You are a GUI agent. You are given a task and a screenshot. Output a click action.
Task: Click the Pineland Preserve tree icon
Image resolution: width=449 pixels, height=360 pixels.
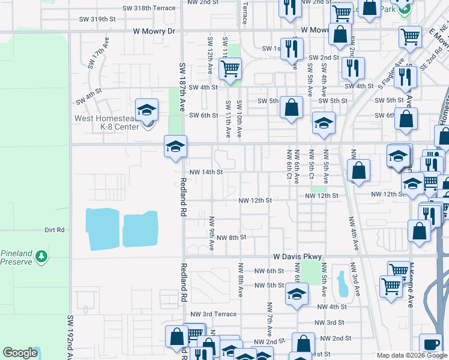click(41, 257)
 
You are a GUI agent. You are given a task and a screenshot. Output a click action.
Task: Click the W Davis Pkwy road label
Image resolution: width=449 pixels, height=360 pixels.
click(298, 256)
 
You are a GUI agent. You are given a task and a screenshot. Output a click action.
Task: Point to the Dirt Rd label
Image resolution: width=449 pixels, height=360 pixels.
click(54, 230)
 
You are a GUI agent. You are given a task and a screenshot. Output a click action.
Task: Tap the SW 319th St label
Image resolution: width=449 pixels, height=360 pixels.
click(97, 19)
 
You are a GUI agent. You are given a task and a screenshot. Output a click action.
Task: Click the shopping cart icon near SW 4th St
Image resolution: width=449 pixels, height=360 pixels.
click(230, 70)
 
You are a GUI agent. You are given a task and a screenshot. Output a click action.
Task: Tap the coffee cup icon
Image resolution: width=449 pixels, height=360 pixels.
click(430, 344)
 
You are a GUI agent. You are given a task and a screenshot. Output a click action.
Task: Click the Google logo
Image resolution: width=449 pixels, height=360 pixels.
click(20, 353)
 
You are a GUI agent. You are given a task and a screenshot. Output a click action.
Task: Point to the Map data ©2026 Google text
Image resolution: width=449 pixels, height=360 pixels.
click(411, 355)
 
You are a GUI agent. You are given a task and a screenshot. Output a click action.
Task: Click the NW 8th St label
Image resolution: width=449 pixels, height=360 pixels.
click(231, 238)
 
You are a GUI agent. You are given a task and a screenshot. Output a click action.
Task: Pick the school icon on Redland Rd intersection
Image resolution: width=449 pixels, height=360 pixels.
click(176, 146)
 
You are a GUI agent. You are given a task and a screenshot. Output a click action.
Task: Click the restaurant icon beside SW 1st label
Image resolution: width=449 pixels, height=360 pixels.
click(292, 49)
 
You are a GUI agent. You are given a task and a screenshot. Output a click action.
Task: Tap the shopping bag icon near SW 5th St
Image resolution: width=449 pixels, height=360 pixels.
click(291, 109)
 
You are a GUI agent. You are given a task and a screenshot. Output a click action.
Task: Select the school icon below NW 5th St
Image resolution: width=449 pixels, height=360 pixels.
click(297, 295)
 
